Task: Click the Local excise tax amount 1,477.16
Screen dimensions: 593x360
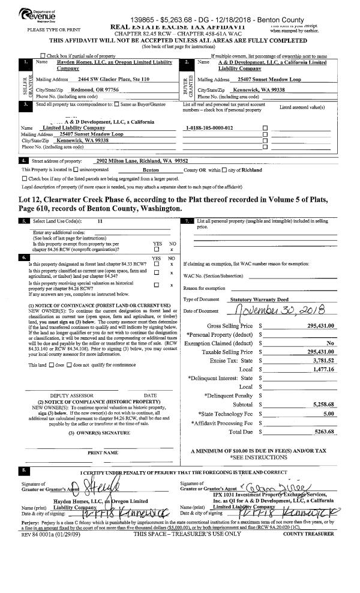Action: click(x=322, y=370)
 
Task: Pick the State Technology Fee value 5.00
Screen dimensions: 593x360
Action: click(x=328, y=397)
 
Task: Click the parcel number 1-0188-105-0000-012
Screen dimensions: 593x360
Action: click(x=210, y=128)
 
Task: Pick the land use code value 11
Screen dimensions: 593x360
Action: click(x=100, y=221)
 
